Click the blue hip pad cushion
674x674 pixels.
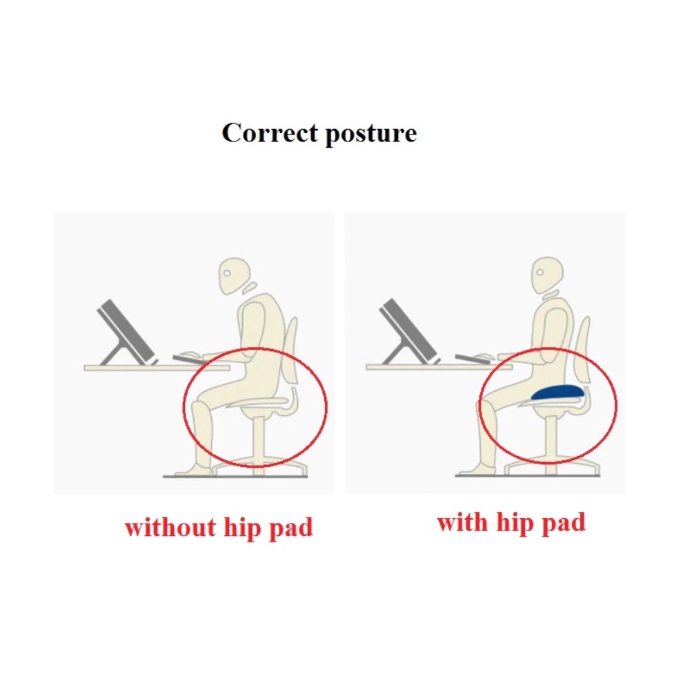pos(558,393)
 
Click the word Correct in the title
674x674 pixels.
pos(270,132)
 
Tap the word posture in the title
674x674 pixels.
pos(371,134)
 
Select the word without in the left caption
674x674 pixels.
pos(170,527)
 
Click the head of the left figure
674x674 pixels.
pos(235,275)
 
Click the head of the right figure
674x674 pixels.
pos(548,275)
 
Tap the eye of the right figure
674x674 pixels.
pos(540,272)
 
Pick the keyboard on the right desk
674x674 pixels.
pos(470,357)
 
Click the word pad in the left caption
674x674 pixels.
pos(291,528)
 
